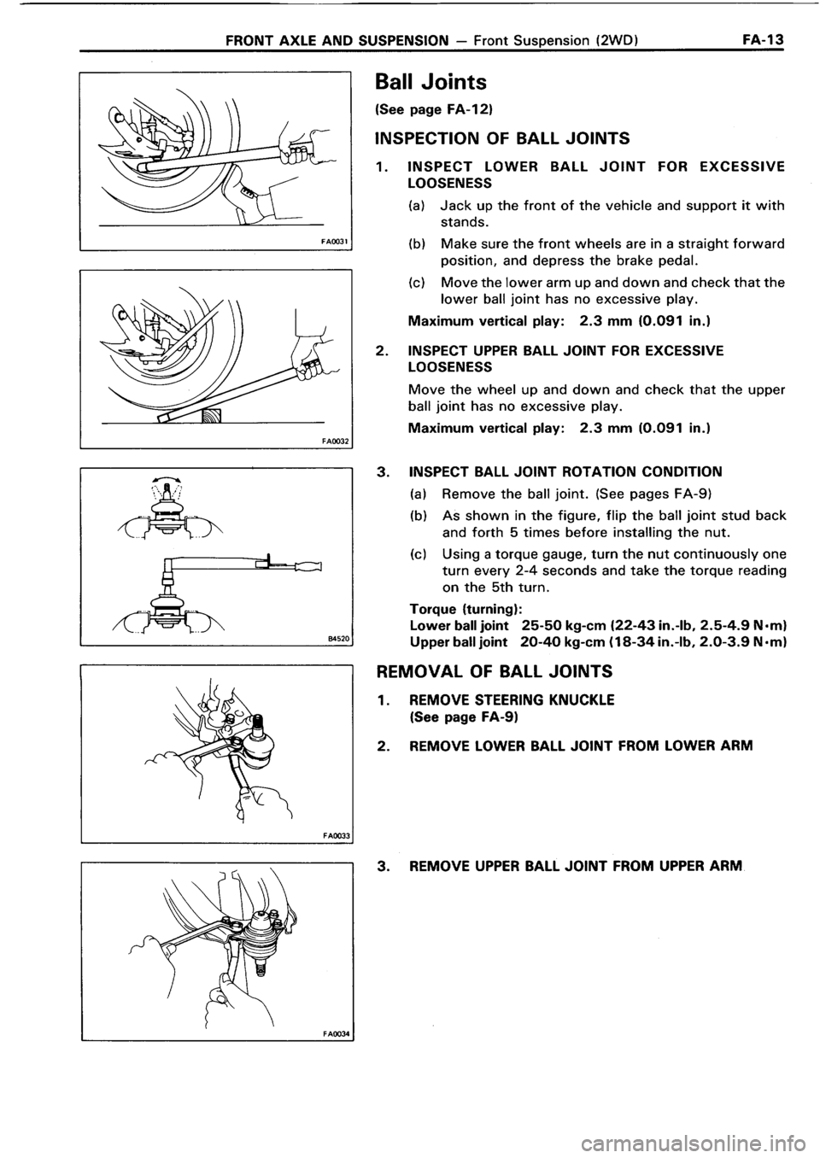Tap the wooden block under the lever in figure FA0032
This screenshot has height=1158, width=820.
point(208,416)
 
